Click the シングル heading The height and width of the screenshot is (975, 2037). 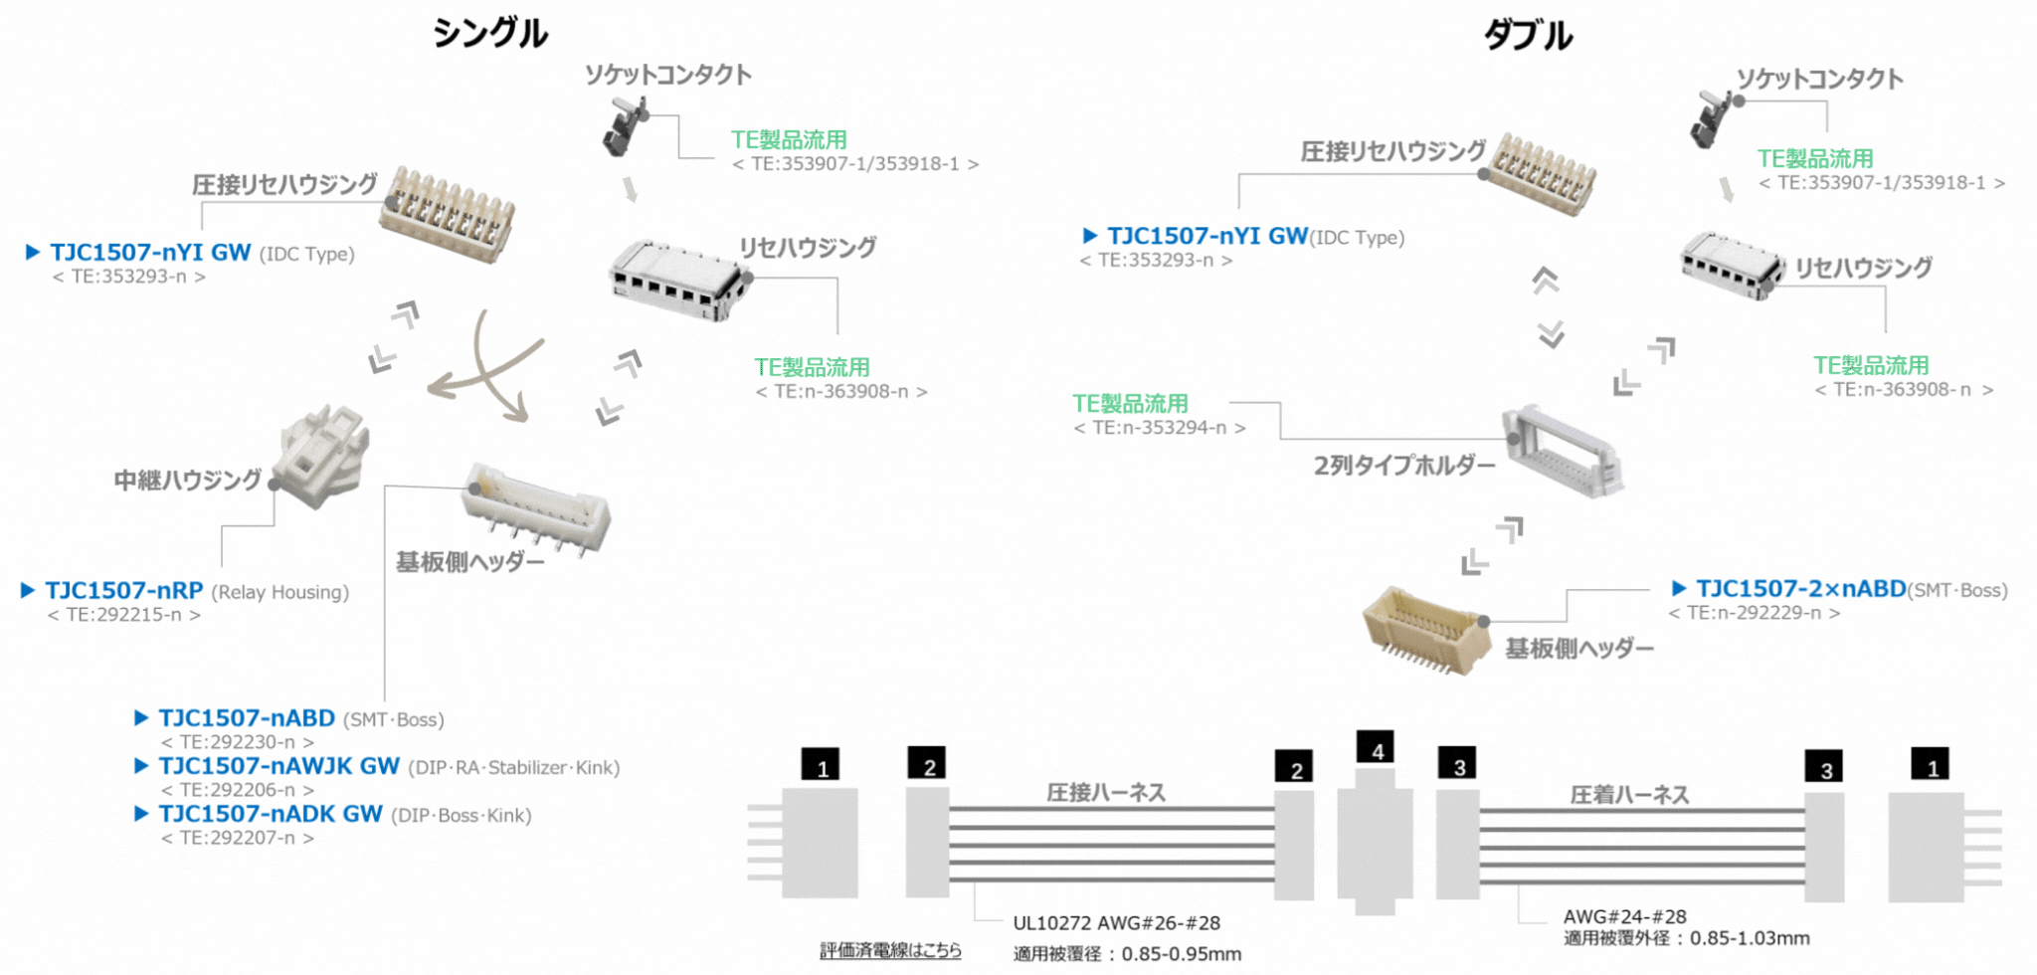click(489, 34)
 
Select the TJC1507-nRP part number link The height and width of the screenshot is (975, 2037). click(124, 590)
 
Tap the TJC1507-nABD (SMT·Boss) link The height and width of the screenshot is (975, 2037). click(247, 718)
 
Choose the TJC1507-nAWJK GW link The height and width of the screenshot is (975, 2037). click(279, 766)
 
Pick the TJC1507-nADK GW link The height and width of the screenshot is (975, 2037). click(271, 814)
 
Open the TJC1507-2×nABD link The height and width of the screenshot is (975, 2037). click(1800, 589)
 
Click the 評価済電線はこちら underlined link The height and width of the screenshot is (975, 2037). click(890, 950)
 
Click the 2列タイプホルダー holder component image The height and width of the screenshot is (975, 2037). click(1563, 452)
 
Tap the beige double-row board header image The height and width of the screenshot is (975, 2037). click(1425, 630)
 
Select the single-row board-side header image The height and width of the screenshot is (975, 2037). click(536, 508)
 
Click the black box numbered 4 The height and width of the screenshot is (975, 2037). click(1377, 748)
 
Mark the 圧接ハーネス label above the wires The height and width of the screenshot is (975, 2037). click(1105, 792)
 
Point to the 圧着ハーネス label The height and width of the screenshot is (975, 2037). click(1629, 794)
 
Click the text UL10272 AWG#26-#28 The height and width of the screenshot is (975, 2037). click(1116, 923)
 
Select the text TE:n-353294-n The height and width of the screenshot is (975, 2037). click(1160, 428)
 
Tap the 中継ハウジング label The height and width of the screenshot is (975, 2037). click(187, 481)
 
